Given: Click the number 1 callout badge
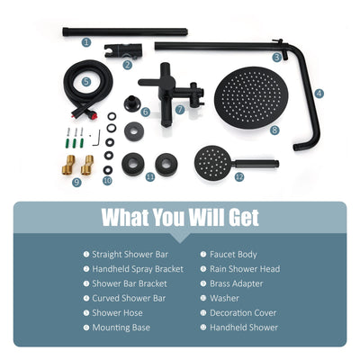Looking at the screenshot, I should (85, 41).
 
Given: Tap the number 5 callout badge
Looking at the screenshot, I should (85, 81).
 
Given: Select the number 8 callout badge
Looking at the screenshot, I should (274, 129).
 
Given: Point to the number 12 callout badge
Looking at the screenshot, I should (238, 177).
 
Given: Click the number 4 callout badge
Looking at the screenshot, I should (319, 93).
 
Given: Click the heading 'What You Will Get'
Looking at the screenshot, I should (179, 217).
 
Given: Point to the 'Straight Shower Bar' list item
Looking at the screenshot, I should (130, 254).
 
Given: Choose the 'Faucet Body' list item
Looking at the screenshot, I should (233, 254).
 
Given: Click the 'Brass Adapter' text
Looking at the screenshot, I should (238, 283).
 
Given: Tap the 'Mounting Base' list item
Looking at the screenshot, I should (121, 328).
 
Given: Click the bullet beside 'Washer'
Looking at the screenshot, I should (202, 298).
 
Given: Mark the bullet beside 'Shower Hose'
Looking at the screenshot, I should (85, 313).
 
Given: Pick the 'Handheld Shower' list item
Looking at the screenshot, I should (244, 328).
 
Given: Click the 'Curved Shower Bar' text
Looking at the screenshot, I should (129, 298).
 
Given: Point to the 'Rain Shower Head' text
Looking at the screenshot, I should (244, 268).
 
